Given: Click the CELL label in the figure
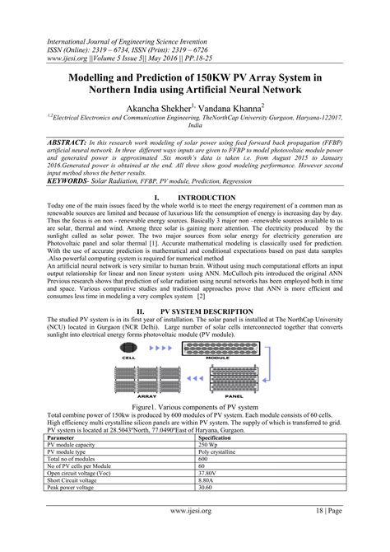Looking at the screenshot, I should [x=128, y=358].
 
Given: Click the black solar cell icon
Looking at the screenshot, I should [x=128, y=348].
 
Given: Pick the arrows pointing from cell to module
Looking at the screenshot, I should [x=160, y=348].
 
